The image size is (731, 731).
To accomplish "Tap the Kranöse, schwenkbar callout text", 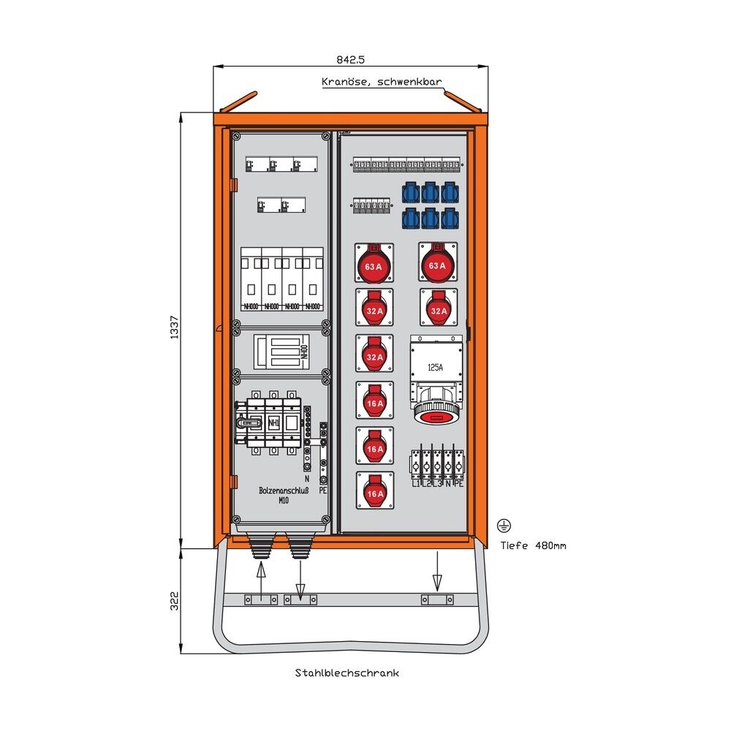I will (381, 83).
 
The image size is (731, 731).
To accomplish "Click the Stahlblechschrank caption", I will (347, 673).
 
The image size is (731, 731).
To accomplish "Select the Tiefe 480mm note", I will (533, 545).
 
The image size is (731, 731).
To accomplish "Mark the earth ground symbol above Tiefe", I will (503, 525).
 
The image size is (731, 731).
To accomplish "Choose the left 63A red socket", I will (374, 264).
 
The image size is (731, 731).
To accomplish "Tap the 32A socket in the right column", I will (438, 308).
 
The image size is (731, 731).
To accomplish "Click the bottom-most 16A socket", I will (374, 491).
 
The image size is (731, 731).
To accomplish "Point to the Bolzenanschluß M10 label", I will (284, 496).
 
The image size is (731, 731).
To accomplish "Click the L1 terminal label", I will (415, 483).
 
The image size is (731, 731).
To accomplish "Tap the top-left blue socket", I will (410, 192).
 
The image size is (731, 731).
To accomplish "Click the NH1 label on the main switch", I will (273, 423).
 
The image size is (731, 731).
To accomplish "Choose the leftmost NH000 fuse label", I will (250, 306).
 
